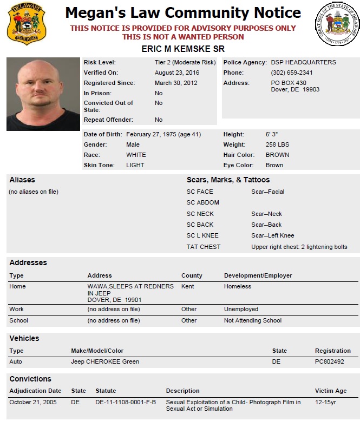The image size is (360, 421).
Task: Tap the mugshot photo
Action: pos(43,94)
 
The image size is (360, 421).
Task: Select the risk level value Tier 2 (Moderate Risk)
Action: pos(185,62)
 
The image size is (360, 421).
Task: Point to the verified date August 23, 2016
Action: pos(176,73)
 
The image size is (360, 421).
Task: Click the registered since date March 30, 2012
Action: pos(175,83)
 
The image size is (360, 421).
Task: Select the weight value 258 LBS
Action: pos(277,144)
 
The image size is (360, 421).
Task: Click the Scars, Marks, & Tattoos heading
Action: pos(228,180)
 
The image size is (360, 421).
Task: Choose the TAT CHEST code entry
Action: pos(204,247)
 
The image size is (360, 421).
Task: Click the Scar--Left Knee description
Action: pos(272,235)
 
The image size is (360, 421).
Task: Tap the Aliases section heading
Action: pos(22,180)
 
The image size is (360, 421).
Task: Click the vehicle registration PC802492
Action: pos(329,361)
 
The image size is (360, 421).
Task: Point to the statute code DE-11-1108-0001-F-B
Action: pos(126,402)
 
